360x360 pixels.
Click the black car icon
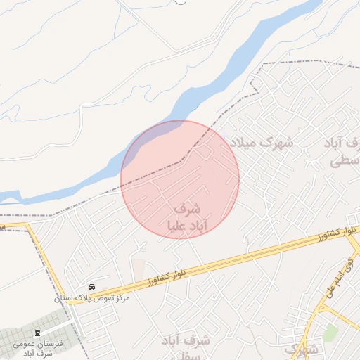click(x=92, y=288)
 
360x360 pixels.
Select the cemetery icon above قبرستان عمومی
click(x=37, y=332)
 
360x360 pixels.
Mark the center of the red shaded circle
click(x=180, y=180)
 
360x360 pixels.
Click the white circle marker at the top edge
click(x=181, y=1)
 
